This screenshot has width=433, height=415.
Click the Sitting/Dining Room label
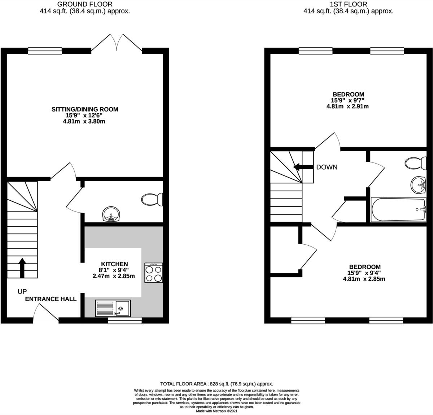pos(85,109)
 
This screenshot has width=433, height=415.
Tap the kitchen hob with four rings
pos(154,273)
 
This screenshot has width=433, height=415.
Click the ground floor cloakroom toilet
pos(153,200)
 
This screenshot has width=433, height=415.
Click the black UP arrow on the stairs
pos(22,267)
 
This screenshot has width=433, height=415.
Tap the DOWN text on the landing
pos(327,167)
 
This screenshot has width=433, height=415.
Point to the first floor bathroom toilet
pos(415,163)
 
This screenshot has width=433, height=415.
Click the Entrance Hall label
pos(51,299)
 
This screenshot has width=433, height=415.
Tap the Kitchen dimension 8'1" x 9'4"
pos(114,270)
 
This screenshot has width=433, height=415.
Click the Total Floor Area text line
pos(216,384)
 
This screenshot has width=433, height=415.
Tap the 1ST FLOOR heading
pos(348,4)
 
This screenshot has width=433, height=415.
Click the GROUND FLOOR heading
pos(85,4)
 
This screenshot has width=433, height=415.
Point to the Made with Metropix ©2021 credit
pos(216,411)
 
